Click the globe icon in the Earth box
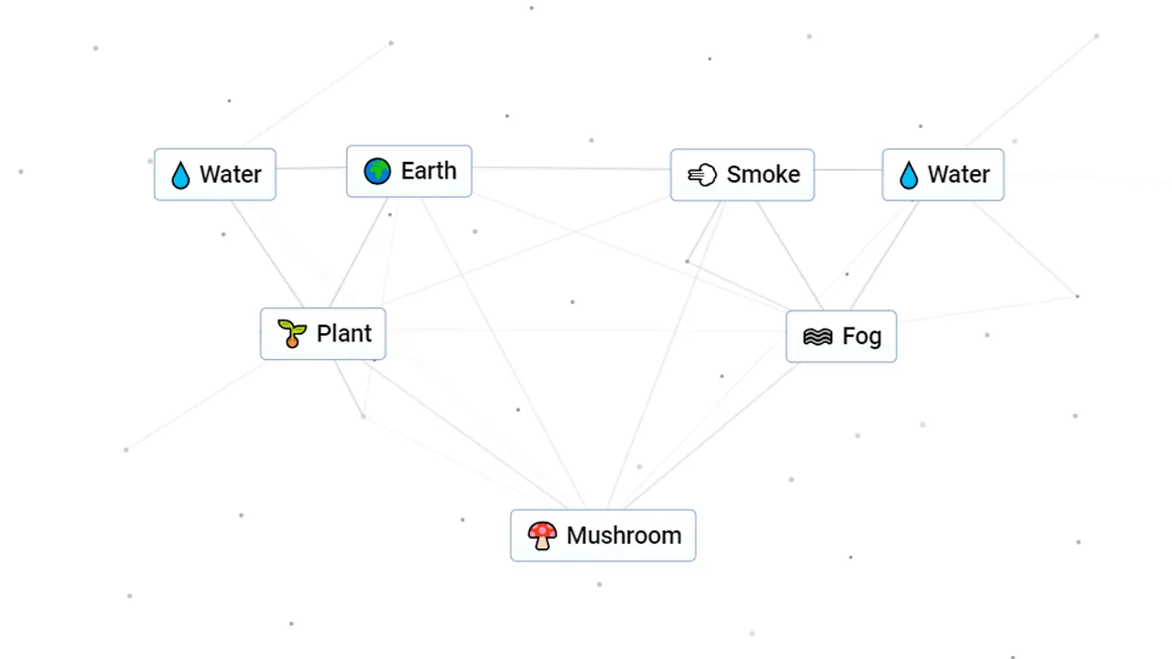[x=377, y=171]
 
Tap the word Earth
[x=429, y=171]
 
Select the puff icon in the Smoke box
[x=702, y=175]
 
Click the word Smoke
[x=764, y=175]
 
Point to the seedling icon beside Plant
[x=292, y=334]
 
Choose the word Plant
[x=344, y=334]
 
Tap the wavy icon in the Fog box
[x=818, y=337]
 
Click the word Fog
[x=862, y=337]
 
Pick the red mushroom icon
[x=542, y=535]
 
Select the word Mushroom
[x=624, y=535]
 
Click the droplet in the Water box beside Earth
[x=180, y=175]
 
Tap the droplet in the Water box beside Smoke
[x=909, y=175]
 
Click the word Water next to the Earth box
[x=231, y=175]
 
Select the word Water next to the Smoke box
[x=959, y=175]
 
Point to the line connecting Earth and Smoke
[x=571, y=168]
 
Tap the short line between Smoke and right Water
[x=848, y=169]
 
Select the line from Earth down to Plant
[x=359, y=253]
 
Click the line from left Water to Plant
[x=267, y=254]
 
